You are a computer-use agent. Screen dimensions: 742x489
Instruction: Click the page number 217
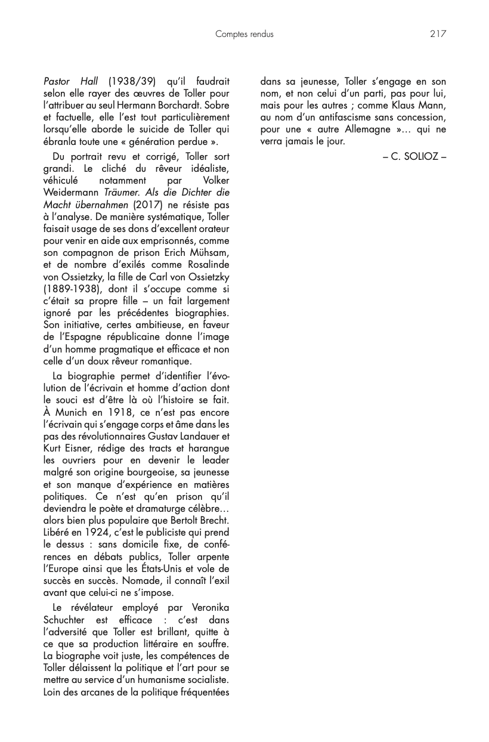[438, 34]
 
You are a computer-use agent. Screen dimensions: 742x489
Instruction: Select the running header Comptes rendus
[244, 35]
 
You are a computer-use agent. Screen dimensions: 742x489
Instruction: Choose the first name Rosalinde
[206, 265]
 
